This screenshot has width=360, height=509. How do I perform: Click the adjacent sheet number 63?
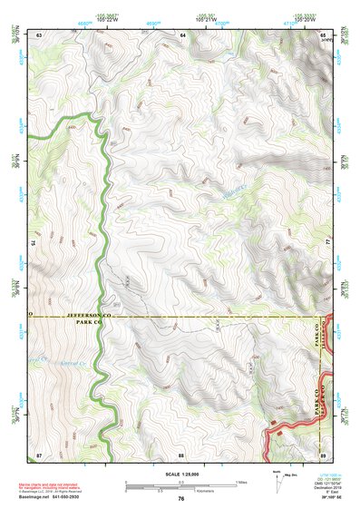click(x=39, y=34)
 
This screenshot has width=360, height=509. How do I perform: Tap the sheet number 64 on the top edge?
click(x=181, y=34)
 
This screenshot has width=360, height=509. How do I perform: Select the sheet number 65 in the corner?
click(x=324, y=34)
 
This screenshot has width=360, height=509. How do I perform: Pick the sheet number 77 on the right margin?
click(x=328, y=242)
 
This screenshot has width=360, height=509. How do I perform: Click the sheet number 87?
click(x=39, y=452)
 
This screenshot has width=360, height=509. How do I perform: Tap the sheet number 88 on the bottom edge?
click(x=181, y=452)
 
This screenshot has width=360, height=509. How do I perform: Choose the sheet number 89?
click(x=324, y=452)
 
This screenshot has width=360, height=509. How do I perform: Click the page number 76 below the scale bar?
click(x=181, y=498)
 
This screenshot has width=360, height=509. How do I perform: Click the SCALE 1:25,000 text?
click(x=181, y=473)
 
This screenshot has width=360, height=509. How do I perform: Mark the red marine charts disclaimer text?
click(x=60, y=484)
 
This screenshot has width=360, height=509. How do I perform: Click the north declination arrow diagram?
click(x=277, y=482)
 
